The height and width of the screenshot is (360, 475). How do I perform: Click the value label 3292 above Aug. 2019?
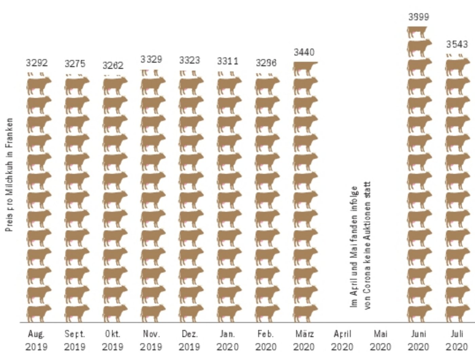click(x=37, y=63)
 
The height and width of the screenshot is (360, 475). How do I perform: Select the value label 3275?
click(x=75, y=64)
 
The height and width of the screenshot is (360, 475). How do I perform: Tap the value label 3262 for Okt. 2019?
click(x=113, y=66)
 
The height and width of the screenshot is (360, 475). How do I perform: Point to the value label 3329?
click(x=151, y=59)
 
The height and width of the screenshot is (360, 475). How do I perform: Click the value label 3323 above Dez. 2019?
click(x=190, y=60)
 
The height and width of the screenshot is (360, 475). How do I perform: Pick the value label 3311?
click(x=228, y=61)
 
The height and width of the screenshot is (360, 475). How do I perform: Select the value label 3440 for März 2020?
click(x=304, y=52)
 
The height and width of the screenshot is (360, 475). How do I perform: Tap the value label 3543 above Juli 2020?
click(x=457, y=44)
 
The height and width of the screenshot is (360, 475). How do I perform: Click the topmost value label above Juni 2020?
click(x=419, y=17)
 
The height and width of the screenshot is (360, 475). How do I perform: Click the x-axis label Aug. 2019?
click(x=37, y=340)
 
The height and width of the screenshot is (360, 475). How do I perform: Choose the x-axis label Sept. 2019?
click(x=75, y=340)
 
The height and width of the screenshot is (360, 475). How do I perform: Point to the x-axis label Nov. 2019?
click(x=151, y=340)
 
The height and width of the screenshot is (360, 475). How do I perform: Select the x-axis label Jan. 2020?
click(x=228, y=340)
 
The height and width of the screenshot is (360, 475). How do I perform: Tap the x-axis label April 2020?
click(x=342, y=340)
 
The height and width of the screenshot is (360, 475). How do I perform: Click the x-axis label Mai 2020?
click(x=380, y=340)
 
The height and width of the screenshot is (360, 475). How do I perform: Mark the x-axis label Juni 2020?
click(x=419, y=340)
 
